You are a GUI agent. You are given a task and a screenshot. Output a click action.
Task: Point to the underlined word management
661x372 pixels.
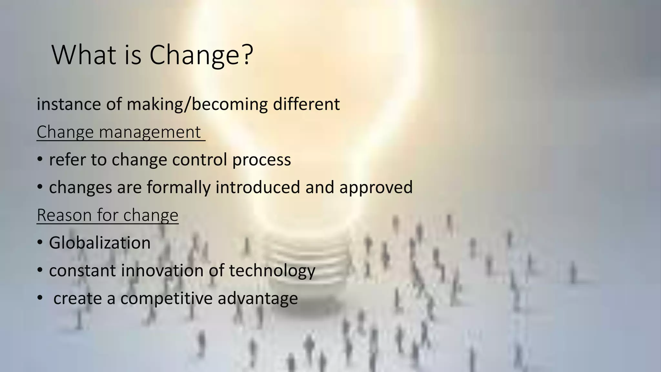click(x=150, y=132)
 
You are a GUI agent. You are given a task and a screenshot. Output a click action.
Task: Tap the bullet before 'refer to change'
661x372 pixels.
click(x=40, y=159)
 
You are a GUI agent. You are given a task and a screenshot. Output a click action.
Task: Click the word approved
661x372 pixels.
click(x=376, y=188)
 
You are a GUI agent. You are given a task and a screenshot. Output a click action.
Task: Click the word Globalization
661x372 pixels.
click(x=100, y=243)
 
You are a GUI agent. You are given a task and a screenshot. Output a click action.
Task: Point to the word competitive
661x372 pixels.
click(x=166, y=298)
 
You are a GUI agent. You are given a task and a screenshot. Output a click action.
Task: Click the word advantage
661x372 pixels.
click(x=258, y=298)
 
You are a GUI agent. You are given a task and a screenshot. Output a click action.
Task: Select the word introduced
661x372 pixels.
click(x=258, y=188)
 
